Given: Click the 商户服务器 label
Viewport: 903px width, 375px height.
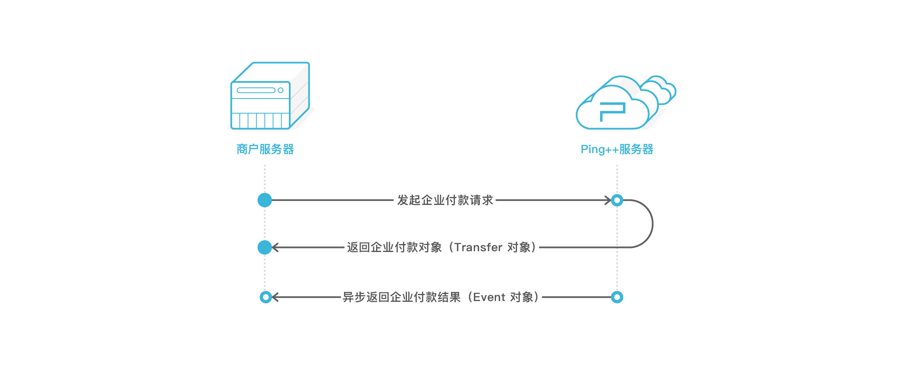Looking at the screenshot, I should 265,149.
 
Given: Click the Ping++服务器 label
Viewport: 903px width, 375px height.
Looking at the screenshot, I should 616,149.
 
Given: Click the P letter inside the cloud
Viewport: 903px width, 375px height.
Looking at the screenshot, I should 612,111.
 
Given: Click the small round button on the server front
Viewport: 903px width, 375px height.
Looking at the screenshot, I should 281,90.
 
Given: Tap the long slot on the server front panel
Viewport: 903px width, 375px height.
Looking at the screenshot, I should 256,90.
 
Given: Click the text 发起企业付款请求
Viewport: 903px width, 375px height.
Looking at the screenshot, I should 445,200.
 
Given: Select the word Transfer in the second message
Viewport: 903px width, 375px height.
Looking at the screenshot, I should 478,247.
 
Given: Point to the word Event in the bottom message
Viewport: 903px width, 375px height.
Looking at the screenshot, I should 489,297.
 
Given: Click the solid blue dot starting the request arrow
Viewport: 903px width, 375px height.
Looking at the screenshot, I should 264,200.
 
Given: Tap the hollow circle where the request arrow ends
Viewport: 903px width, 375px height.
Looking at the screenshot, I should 617,200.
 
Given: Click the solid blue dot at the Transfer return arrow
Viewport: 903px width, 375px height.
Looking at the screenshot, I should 264,247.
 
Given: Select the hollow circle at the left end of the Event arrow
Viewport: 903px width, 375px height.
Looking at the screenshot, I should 266,297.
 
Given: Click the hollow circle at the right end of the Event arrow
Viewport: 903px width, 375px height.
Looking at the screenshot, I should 617,297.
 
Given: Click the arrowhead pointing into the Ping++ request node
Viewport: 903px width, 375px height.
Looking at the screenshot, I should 608,200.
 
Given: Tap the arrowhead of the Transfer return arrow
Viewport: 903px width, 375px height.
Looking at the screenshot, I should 275,247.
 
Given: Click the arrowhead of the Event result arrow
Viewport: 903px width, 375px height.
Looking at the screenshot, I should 275,297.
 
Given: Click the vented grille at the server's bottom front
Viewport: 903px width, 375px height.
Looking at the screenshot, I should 260,121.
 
